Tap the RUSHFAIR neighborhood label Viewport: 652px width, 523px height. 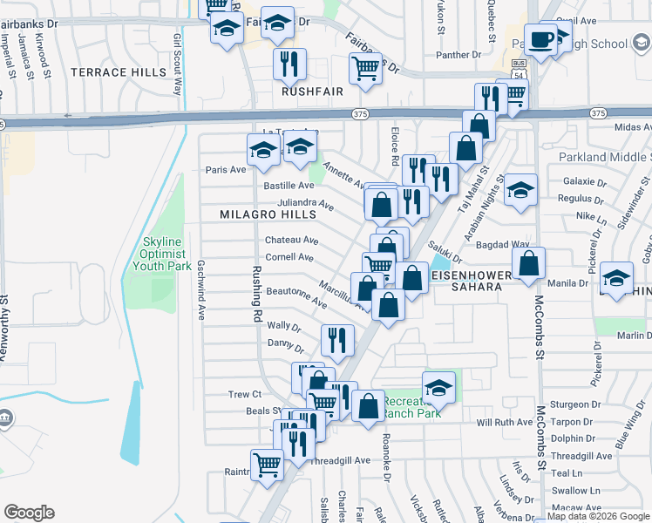tap(312, 90)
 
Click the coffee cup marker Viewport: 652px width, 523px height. tap(540, 40)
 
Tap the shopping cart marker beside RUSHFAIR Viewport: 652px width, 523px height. tap(365, 69)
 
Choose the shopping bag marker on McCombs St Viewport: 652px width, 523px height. tap(528, 264)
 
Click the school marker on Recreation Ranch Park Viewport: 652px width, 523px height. tap(439, 388)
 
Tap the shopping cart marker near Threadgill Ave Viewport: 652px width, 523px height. tap(268, 465)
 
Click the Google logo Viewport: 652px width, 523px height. tap(29, 513)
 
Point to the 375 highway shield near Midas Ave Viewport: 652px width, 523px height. tap(597, 113)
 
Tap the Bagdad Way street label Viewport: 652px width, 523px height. tap(508, 245)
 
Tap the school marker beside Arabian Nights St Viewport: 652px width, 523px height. tap(520, 191)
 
